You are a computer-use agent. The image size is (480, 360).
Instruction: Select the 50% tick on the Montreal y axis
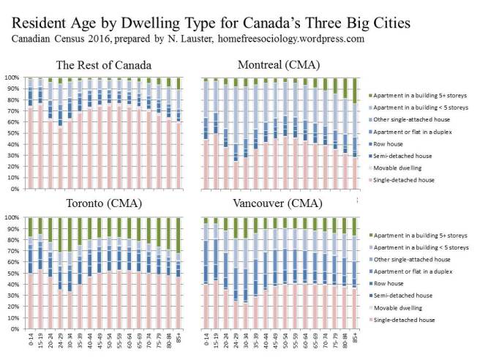[x=194, y=133]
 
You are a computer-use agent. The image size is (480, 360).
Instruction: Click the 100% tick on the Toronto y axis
[x=12, y=217]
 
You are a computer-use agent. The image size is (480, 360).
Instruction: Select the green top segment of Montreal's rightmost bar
[x=354, y=90]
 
